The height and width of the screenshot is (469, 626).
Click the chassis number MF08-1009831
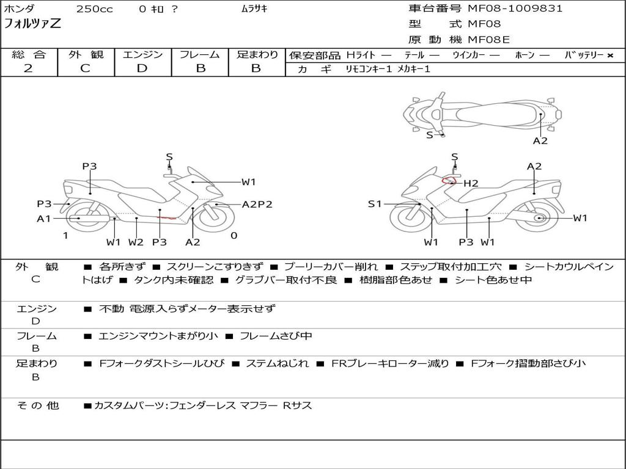pyautogui.click(x=515, y=9)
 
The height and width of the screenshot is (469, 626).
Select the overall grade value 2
pyautogui.click(x=28, y=68)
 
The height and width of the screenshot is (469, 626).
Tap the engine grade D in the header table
pyautogui.click(x=142, y=68)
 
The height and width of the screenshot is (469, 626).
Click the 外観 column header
pyautogui.click(x=86, y=55)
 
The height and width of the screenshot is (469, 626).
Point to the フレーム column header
pyautogui.click(x=200, y=55)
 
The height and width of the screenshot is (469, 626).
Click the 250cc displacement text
pyautogui.click(x=94, y=9)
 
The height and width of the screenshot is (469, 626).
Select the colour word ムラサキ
pyautogui.click(x=254, y=9)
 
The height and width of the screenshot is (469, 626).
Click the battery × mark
pyautogui.click(x=609, y=56)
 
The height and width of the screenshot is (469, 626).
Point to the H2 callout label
pyautogui.click(x=470, y=183)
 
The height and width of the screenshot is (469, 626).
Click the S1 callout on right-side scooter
pyautogui.click(x=375, y=204)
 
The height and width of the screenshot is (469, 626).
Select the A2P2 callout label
pyautogui.click(x=257, y=205)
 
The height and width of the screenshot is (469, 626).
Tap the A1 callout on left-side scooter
pyautogui.click(x=43, y=219)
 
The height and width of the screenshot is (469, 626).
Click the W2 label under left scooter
pyautogui.click(x=136, y=242)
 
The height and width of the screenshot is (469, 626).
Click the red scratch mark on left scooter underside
pyautogui.click(x=166, y=217)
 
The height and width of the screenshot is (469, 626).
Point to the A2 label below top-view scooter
pyautogui.click(x=540, y=141)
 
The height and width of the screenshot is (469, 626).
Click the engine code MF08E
pyautogui.click(x=488, y=40)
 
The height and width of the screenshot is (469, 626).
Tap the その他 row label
pyautogui.click(x=37, y=405)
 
